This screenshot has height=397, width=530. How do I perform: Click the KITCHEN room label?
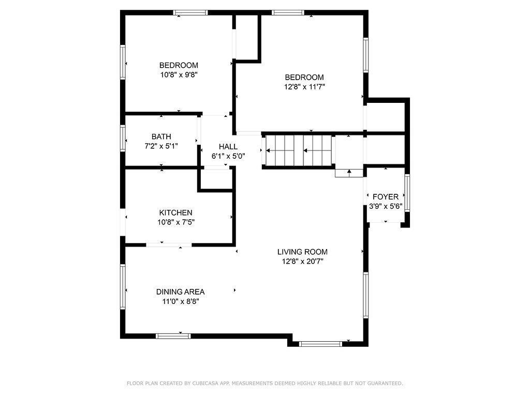(176, 212)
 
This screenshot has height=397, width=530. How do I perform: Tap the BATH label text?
(161, 136)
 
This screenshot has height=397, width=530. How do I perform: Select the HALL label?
(228, 146)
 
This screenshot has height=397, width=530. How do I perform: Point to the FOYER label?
(385, 197)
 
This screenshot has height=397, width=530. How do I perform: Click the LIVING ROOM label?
(302, 252)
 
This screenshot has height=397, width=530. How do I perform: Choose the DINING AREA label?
(181, 292)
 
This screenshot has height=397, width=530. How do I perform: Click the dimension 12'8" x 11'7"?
(304, 87)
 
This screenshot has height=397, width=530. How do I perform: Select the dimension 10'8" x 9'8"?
(179, 74)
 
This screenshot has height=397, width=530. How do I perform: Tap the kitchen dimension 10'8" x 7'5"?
(176, 222)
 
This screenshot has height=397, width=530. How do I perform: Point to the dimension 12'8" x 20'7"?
(303, 261)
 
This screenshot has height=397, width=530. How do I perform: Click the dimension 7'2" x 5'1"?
(161, 146)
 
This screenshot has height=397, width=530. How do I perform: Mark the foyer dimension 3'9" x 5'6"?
(386, 206)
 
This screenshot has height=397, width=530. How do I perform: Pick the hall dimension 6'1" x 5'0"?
(228, 156)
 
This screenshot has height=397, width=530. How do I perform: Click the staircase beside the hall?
(298, 150)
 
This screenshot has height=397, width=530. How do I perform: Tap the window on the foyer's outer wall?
(407, 193)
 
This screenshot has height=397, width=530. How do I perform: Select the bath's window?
(123, 138)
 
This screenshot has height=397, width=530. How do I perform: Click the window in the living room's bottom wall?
(320, 344)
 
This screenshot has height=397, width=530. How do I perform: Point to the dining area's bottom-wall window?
(173, 336)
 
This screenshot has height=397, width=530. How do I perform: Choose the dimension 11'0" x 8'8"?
(181, 301)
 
